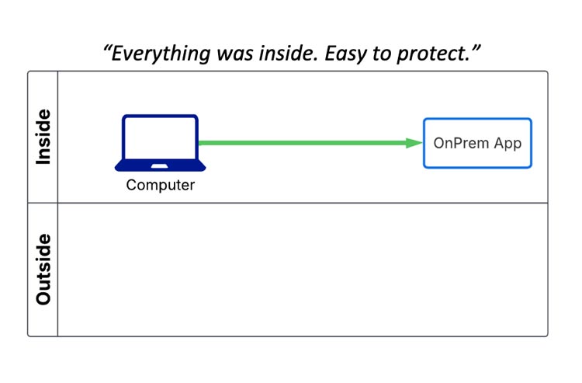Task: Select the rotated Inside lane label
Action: pyautogui.click(x=43, y=137)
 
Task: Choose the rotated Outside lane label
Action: pyautogui.click(x=43, y=269)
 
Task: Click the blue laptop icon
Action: pyautogui.click(x=161, y=143)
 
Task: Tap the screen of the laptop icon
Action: pyautogui.click(x=161, y=138)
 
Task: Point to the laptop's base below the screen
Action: pyautogui.click(x=161, y=165)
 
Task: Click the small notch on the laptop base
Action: pyautogui.click(x=161, y=164)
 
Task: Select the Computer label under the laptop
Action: pyautogui.click(x=161, y=185)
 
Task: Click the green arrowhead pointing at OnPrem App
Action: pyautogui.click(x=414, y=143)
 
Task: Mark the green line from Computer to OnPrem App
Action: pyautogui.click(x=303, y=143)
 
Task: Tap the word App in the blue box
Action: pyautogui.click(x=508, y=144)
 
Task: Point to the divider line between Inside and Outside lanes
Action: pyautogui.click(x=303, y=203)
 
